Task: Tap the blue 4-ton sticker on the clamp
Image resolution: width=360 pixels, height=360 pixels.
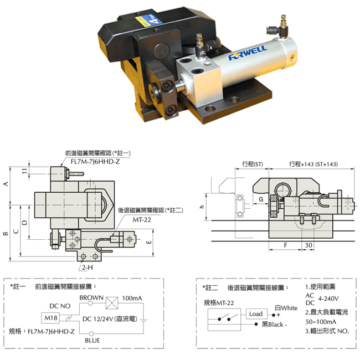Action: point(149,19)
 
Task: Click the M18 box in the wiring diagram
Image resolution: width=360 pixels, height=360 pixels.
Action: point(50,318)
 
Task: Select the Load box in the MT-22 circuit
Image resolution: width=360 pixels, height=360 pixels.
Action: point(256,314)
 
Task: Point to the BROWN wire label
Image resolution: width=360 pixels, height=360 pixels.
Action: point(91,297)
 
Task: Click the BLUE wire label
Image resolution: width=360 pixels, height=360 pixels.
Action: point(92,341)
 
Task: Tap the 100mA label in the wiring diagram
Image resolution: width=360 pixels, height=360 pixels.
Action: point(132,298)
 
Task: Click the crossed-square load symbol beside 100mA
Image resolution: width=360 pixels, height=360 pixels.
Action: point(112,303)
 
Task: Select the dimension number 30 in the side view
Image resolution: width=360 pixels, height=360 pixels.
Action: point(308,245)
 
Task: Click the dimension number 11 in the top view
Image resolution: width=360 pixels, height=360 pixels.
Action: point(24,171)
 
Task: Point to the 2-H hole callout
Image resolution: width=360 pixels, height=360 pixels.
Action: point(88,268)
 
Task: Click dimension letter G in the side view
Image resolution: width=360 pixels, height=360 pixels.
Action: point(261,199)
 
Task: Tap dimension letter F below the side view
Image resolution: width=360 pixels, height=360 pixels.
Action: point(286,245)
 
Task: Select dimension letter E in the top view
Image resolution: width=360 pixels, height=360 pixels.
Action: point(149,242)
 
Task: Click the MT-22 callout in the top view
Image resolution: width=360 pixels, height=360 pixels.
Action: point(142,220)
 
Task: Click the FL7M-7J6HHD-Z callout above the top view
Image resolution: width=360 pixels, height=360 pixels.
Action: point(95,162)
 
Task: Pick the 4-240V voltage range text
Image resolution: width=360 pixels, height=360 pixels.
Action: point(328,299)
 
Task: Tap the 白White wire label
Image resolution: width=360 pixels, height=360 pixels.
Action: point(286,308)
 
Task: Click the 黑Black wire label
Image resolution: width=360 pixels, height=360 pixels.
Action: point(274,325)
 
